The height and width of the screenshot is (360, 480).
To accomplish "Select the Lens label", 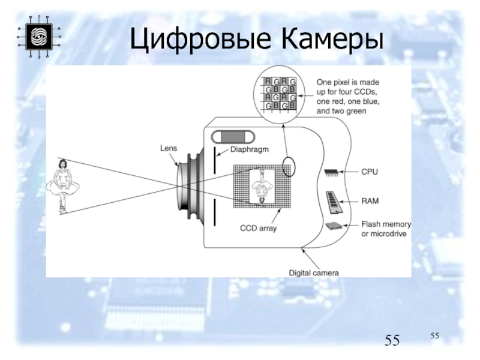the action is click(x=168, y=148).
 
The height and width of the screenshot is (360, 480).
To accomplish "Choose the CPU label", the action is click(x=369, y=172).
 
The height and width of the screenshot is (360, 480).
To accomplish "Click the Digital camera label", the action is click(x=314, y=272).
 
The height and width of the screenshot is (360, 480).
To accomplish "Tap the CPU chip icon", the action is click(x=331, y=172).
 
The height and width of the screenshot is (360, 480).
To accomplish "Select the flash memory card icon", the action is click(x=333, y=226).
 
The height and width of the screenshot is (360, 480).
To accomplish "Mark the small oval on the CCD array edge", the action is click(x=289, y=166).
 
